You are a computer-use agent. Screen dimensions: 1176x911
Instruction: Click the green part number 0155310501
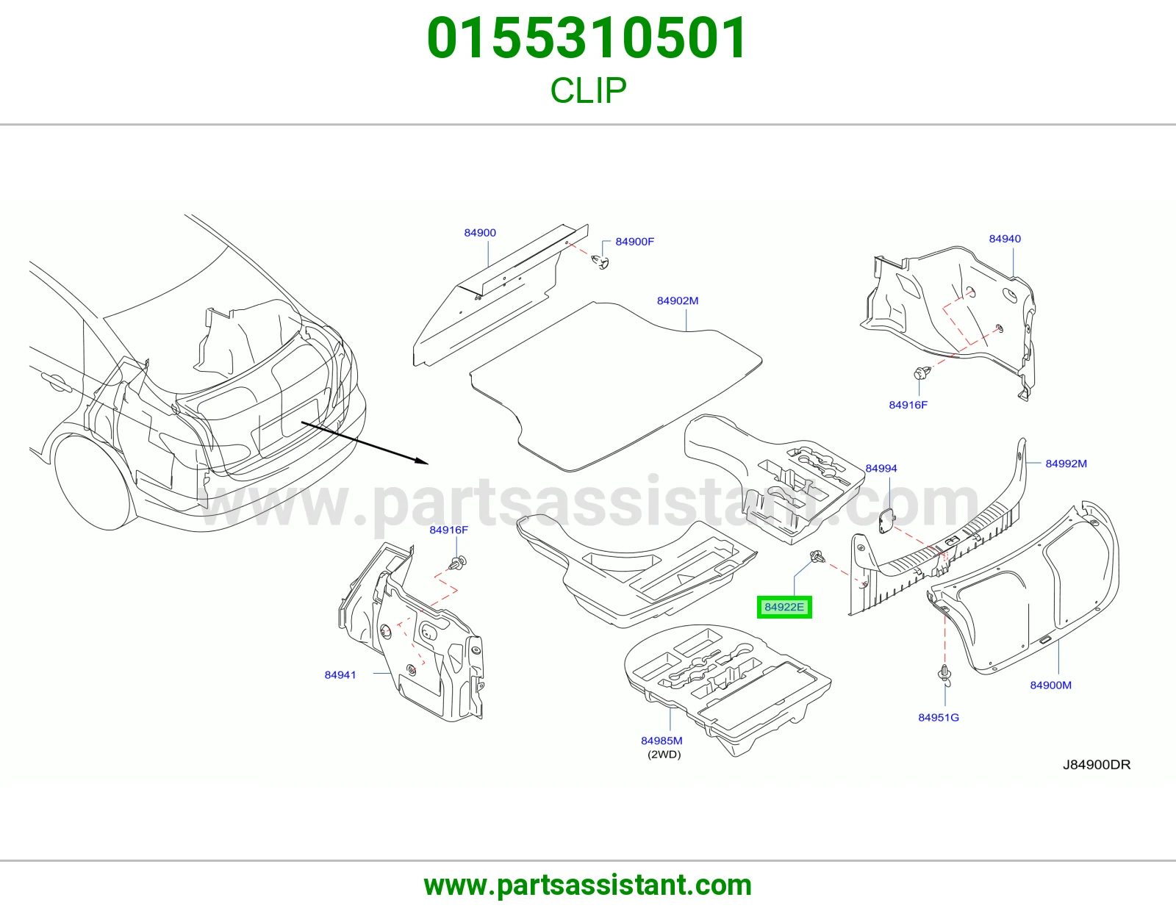pos(587,38)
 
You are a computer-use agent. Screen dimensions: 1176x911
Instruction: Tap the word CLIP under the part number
pos(588,90)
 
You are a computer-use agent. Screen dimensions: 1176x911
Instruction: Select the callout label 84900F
pos(634,242)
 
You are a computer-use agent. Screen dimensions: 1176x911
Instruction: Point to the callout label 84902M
pos(678,300)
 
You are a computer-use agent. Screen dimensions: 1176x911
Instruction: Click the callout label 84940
pos(1005,239)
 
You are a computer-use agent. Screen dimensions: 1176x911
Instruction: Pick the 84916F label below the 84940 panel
pos(908,406)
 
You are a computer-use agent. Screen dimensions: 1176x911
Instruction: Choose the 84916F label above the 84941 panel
pos(448,530)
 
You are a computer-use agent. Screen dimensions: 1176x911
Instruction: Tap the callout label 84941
pos(340,675)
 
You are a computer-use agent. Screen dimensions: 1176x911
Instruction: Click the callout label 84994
pos(881,469)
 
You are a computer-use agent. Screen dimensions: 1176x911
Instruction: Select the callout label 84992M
pos(1066,464)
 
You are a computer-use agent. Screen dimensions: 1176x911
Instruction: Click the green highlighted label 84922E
pos(784,607)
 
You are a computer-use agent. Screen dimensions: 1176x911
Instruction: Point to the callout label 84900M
pos(1050,685)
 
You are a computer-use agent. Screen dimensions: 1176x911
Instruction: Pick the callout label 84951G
pos(939,718)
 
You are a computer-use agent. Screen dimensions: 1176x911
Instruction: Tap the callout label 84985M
pos(661,741)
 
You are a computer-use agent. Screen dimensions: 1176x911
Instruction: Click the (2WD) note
pos(664,755)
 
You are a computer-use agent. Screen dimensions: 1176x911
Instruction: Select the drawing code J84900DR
pos(1097,765)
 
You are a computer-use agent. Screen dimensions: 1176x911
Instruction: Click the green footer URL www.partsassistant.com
pos(588,886)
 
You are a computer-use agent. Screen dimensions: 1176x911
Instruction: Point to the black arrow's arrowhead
pos(422,461)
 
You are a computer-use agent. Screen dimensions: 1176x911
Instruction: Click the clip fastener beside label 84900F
pos(600,262)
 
